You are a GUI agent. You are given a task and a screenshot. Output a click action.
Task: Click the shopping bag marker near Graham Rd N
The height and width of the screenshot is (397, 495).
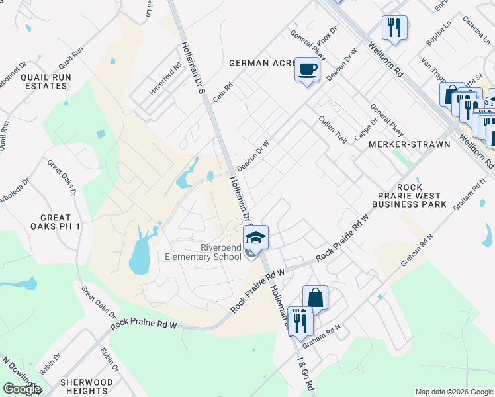click(316, 298)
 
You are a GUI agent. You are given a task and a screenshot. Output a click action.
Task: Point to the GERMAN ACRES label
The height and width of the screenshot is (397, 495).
click(261, 63)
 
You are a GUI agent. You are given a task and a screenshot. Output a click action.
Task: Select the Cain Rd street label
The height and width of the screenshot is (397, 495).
click(224, 91)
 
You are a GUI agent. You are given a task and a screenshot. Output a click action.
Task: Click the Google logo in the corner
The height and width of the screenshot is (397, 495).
click(22, 389)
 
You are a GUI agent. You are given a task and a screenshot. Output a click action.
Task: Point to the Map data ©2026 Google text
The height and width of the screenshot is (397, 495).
click(453, 392)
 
